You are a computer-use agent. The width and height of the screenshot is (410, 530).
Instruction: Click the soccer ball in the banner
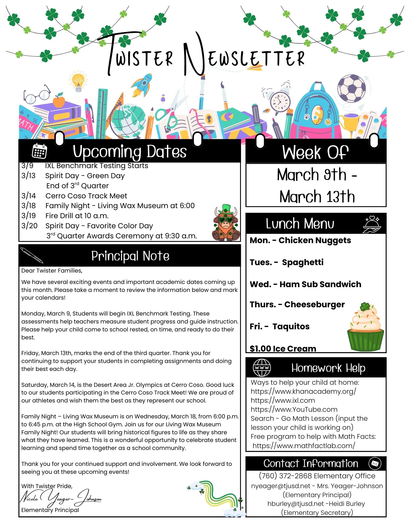351,88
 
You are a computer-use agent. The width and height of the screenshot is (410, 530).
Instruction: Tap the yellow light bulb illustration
78,81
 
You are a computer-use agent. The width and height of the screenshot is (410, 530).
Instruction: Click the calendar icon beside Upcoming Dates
39,151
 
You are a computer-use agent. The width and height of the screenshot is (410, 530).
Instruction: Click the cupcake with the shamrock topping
365,327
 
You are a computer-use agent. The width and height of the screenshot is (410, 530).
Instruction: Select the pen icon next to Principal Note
32,255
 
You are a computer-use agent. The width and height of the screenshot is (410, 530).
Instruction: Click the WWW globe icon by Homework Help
262,368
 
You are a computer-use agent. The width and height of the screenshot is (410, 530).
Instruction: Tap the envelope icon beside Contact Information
375,463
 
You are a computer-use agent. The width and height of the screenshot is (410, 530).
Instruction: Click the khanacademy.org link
303,391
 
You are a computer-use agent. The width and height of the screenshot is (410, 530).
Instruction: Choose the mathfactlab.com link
304,445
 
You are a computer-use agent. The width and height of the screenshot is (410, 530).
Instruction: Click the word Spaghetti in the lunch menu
303,262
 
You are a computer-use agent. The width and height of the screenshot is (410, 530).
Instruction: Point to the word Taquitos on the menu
291,326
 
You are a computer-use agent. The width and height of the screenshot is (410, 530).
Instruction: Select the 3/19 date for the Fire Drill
28,216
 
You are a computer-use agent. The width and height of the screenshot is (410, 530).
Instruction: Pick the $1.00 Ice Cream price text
283,348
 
